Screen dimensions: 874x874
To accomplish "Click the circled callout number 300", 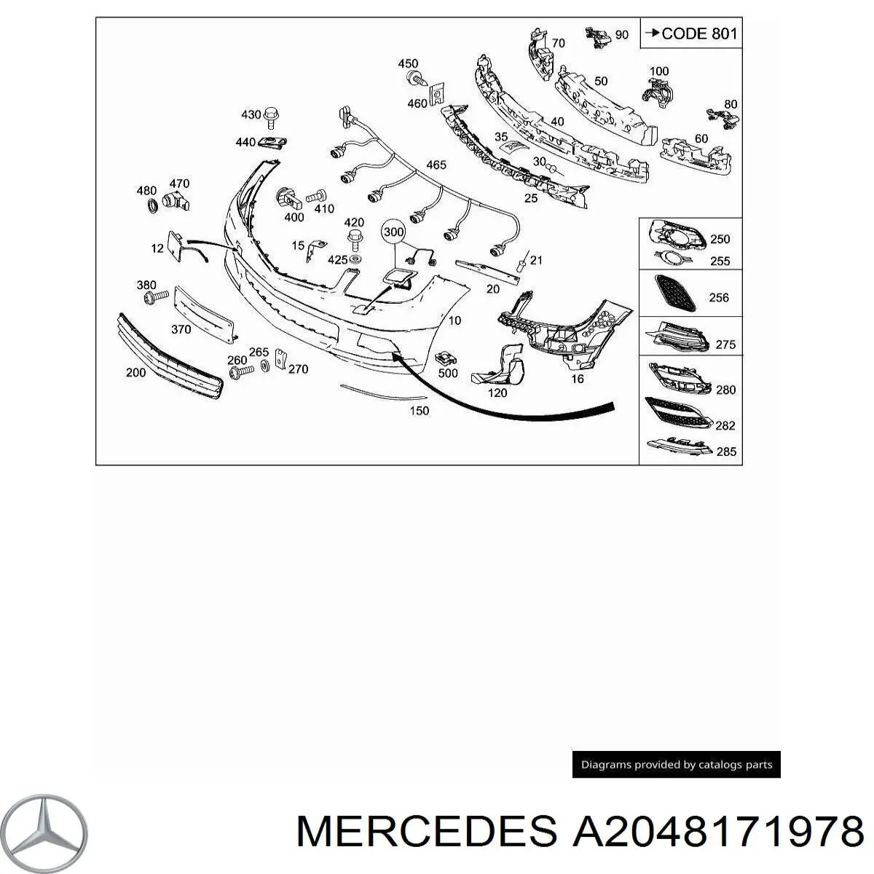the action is click(x=393, y=232).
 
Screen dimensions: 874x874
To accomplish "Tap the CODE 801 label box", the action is click(x=690, y=33).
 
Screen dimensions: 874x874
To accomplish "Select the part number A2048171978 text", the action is click(x=717, y=831).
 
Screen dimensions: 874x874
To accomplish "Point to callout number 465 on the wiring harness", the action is click(x=436, y=165).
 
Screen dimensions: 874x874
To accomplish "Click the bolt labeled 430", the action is click(x=271, y=118).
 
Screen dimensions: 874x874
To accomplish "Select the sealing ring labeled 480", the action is click(x=152, y=205).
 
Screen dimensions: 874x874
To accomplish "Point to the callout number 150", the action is click(x=419, y=411).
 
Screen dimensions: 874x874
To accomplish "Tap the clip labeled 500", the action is click(x=445, y=358).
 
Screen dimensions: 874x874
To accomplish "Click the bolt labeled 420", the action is click(x=354, y=240).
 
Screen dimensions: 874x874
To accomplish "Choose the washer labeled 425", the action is click(x=355, y=260).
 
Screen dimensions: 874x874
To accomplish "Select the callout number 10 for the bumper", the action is click(x=454, y=320).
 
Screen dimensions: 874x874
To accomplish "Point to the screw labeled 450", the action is click(x=418, y=79).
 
